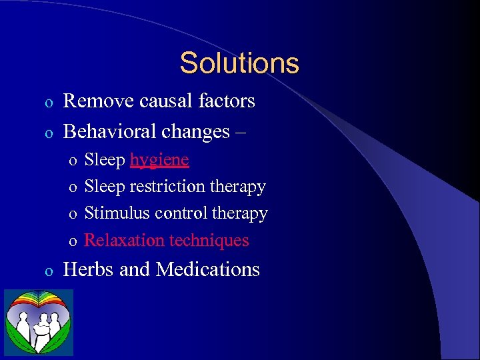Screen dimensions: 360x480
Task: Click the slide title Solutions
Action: point(239,63)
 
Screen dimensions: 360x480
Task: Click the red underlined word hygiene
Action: point(159,161)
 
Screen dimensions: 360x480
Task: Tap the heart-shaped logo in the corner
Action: point(39,323)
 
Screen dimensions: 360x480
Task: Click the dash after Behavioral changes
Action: point(240,132)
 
